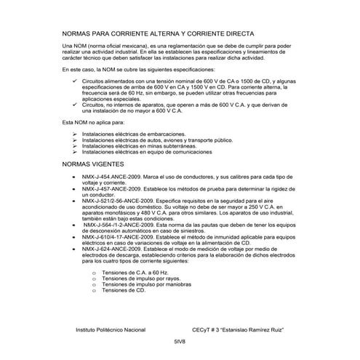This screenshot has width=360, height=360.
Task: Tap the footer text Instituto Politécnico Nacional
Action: click(111, 329)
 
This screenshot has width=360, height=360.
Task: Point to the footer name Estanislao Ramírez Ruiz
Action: click(244, 329)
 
